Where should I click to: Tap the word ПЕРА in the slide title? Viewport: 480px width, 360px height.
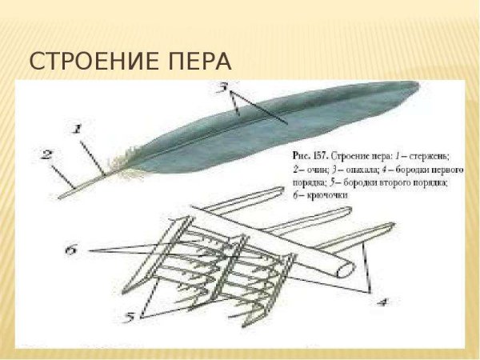(199, 62)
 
